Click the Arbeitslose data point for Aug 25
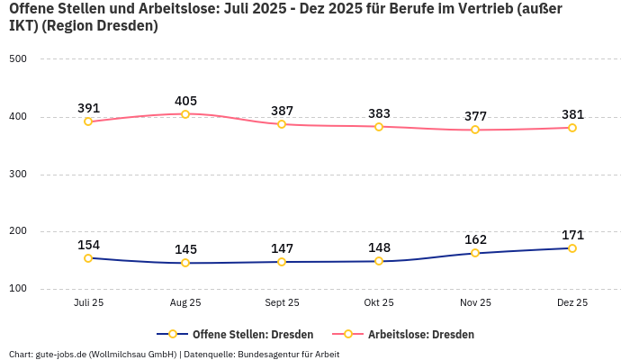point(185,113)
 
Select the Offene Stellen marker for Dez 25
point(572,248)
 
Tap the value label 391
point(88,108)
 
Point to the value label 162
point(475,239)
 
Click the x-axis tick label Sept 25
point(282,303)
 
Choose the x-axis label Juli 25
point(88,303)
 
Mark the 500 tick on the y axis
point(18,59)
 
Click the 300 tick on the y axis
point(18,175)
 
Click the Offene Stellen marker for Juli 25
point(88,258)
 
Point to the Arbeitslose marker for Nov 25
point(475,130)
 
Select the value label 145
point(185,249)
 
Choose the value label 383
point(379,113)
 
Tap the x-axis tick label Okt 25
point(379,303)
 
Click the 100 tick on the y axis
point(18,289)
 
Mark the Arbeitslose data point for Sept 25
point(282,124)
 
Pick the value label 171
point(572,235)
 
